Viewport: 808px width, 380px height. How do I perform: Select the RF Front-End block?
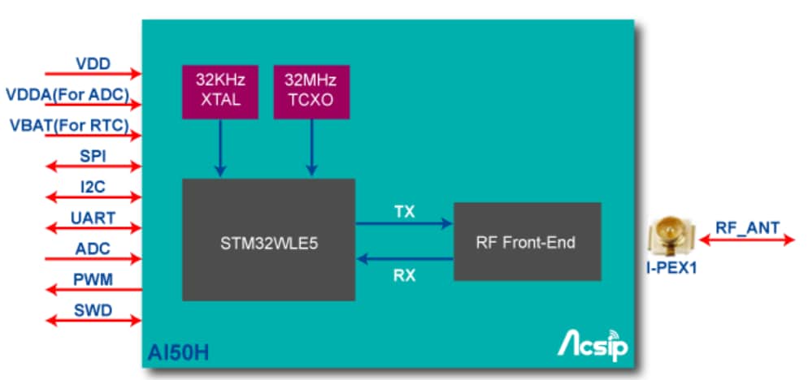[527, 241]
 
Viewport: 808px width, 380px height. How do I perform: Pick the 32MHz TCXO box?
[310, 90]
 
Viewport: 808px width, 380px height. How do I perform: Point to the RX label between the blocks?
[404, 275]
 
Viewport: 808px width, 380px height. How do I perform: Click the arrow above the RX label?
[404, 259]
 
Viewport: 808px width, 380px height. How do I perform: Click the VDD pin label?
[93, 63]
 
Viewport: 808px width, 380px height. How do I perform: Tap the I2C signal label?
[93, 187]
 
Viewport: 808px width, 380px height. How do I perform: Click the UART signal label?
[93, 218]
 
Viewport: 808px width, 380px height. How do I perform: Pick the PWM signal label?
[93, 279]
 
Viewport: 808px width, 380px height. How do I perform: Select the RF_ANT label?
[747, 227]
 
